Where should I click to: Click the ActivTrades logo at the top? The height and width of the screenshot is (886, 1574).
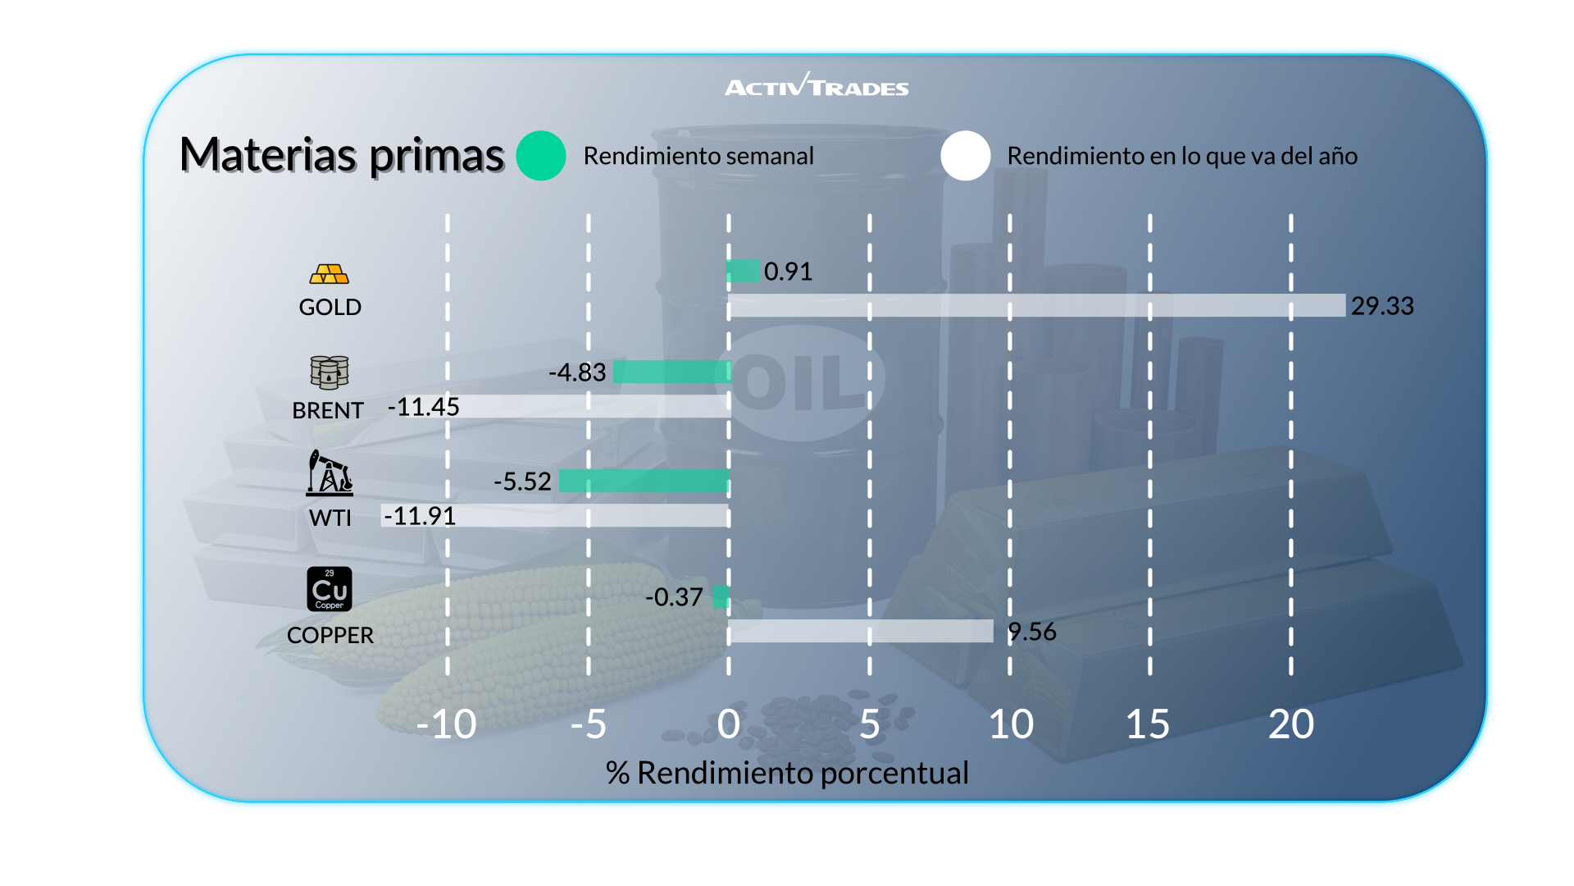click(x=817, y=85)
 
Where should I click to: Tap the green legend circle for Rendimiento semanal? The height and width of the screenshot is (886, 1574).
click(x=541, y=156)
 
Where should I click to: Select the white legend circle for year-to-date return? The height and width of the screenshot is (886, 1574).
click(x=966, y=156)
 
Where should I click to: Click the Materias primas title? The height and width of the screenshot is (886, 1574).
click(x=341, y=155)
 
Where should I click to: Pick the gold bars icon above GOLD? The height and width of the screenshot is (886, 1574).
click(x=330, y=274)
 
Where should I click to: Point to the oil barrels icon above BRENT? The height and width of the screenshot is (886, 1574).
click(x=330, y=372)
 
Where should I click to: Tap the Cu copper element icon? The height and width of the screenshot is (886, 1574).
click(x=330, y=589)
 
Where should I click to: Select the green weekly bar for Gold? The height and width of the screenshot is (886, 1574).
click(x=744, y=271)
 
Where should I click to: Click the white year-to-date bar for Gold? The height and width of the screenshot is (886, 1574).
click(x=1036, y=305)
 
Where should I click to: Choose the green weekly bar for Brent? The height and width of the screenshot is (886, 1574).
click(x=671, y=372)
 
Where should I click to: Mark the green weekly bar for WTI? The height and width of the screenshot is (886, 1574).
click(x=644, y=481)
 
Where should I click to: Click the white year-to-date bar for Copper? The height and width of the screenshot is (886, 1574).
click(x=861, y=631)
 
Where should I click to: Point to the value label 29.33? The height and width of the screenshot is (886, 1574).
click(x=1382, y=306)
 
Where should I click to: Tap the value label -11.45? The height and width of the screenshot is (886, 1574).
click(x=424, y=407)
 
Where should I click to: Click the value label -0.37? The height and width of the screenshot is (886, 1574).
click(x=674, y=597)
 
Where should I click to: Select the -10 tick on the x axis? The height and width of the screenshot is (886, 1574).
click(x=446, y=724)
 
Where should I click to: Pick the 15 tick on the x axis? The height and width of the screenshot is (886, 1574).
click(x=1148, y=724)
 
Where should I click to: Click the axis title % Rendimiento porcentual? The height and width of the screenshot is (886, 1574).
click(x=787, y=773)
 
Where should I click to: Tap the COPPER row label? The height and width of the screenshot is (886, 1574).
click(x=330, y=635)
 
